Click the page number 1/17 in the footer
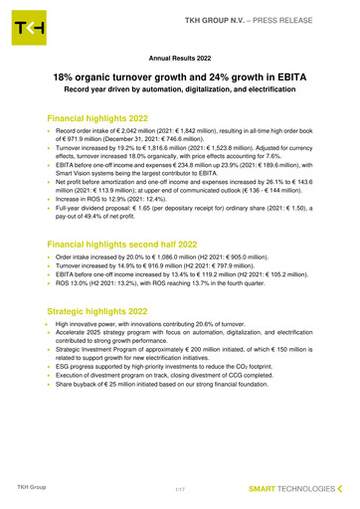tap(179, 487)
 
